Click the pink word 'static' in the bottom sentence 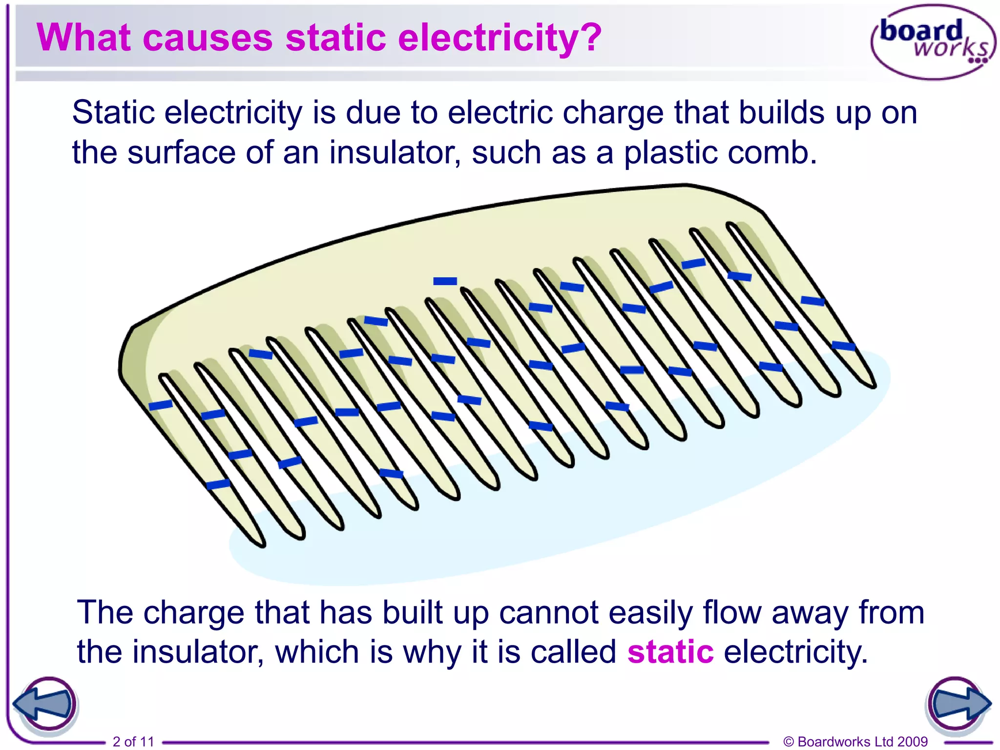[670, 652]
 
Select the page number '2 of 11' [133, 741]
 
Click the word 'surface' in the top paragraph [181, 152]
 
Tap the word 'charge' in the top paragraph [613, 113]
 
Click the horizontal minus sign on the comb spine [445, 281]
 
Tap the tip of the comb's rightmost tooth [871, 384]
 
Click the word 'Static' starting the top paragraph [113, 113]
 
